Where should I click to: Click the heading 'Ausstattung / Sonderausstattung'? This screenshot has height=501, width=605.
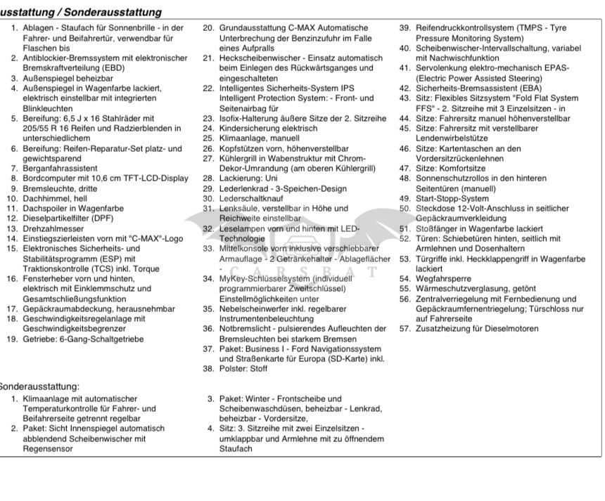click(80, 12)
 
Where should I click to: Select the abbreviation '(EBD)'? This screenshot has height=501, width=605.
click(89, 69)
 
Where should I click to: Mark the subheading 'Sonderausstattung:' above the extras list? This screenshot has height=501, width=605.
click(40, 386)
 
